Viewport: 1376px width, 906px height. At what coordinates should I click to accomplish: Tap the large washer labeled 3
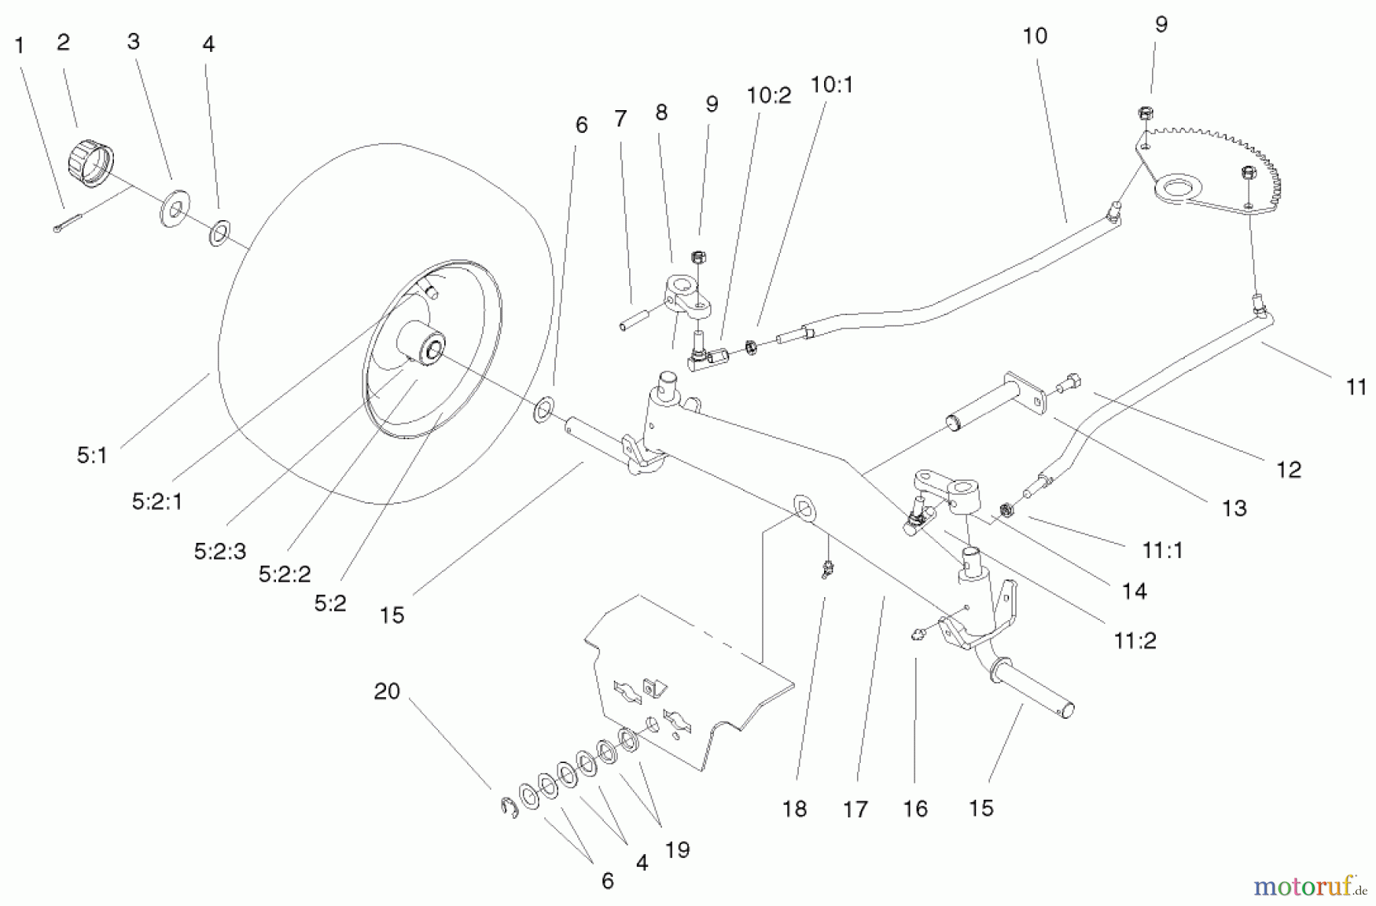tap(175, 210)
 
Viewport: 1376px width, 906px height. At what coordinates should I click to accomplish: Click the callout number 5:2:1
tap(157, 502)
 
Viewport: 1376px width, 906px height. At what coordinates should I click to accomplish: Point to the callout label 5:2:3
tap(220, 550)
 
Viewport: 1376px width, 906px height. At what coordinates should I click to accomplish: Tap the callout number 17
tap(855, 809)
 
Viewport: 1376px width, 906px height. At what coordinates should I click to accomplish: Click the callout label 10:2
tap(769, 96)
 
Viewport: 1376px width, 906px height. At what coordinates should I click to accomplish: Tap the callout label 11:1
tap(1163, 550)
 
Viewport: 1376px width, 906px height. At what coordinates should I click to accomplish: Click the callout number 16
tap(915, 809)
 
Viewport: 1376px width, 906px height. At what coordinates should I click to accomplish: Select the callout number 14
tap(1134, 590)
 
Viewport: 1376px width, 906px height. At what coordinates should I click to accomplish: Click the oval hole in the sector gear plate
tap(1182, 186)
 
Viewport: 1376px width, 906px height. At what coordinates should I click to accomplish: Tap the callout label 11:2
tap(1135, 641)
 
